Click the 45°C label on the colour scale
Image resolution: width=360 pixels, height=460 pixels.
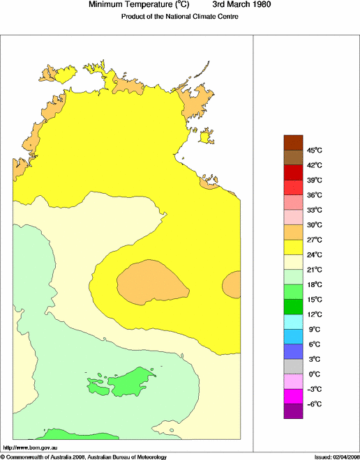tap(296, 150)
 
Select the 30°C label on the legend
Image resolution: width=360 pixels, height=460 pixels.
tap(296, 224)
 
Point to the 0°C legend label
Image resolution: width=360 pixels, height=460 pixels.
tap(294, 374)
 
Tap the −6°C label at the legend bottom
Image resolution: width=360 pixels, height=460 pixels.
tap(296, 404)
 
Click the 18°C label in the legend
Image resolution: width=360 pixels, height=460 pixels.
tap(296, 284)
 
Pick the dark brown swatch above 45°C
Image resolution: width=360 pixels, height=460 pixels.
tap(293, 142)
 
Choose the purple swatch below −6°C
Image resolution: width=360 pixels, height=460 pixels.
tap(293, 411)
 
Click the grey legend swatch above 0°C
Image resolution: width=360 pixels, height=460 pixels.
tap(293, 367)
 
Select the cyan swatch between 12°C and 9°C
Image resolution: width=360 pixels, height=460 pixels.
tap(293, 321)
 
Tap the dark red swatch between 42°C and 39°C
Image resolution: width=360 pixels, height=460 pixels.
tap(293, 172)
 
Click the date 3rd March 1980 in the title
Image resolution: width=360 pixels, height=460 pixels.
tap(242, 5)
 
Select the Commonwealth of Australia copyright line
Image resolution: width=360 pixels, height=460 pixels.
tap(84, 457)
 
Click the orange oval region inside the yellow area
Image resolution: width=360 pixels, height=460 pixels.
tap(152, 280)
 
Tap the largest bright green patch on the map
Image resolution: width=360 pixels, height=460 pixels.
tap(129, 381)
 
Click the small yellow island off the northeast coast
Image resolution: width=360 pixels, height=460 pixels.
tap(206, 137)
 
